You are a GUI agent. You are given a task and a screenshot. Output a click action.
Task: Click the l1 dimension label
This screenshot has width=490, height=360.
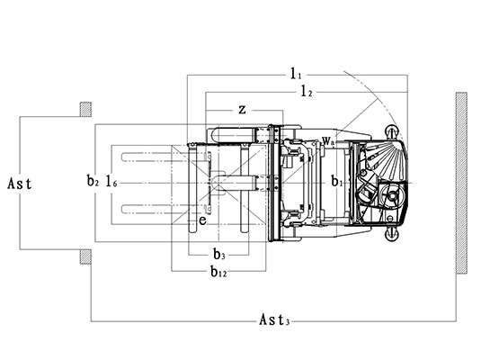coord(296,74)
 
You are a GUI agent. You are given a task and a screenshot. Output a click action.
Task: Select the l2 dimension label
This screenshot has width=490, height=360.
coord(307,91)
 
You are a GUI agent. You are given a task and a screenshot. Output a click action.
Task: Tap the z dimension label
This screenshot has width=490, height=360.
coord(242,110)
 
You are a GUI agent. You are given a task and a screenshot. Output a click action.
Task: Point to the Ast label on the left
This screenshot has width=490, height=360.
coord(20,184)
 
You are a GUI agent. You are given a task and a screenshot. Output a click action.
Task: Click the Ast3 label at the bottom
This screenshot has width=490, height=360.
coord(274,320)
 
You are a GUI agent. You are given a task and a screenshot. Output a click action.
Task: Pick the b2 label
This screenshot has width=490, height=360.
coord(93,181)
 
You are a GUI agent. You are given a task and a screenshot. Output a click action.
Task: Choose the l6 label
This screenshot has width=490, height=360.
coord(111,181)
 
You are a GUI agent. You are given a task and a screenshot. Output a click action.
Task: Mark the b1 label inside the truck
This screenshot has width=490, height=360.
coord(337,181)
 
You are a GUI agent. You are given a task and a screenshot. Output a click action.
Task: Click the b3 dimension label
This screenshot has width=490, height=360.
coord(219,255)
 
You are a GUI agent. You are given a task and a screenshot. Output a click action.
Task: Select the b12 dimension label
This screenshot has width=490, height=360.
coord(218,272)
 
